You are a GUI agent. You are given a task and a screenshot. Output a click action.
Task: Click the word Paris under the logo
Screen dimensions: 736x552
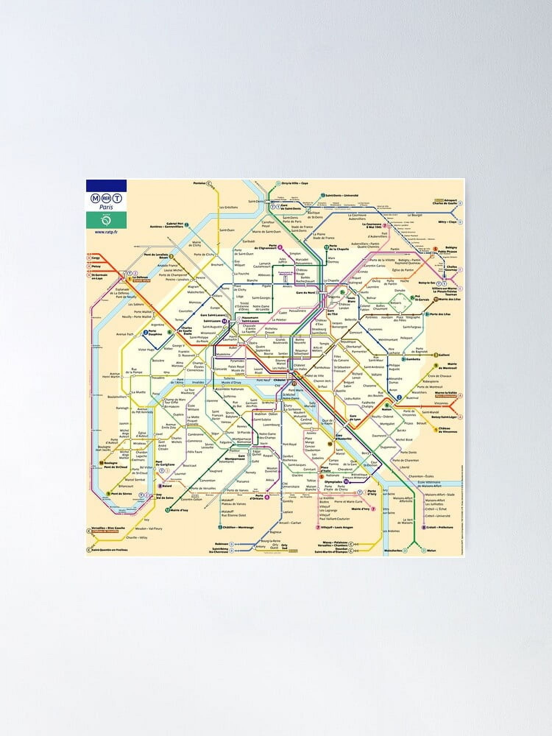click(x=106, y=207)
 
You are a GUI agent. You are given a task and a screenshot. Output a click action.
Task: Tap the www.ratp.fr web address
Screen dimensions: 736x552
click(x=106, y=232)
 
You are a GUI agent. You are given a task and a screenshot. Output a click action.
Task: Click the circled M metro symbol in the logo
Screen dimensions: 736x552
click(x=95, y=198)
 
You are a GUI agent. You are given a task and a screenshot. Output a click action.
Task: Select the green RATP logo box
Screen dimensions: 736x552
click(x=106, y=220)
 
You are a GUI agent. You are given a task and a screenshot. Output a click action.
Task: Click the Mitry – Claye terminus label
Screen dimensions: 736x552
click(x=447, y=222)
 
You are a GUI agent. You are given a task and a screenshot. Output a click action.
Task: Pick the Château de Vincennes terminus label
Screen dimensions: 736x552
click(x=448, y=430)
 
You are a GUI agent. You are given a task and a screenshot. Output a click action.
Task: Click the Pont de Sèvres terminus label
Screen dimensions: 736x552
click(x=122, y=493)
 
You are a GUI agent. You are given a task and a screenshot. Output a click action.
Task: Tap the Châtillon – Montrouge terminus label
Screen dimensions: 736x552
click(x=238, y=527)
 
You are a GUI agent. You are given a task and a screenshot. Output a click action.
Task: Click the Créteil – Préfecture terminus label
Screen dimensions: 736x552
click(x=440, y=527)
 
